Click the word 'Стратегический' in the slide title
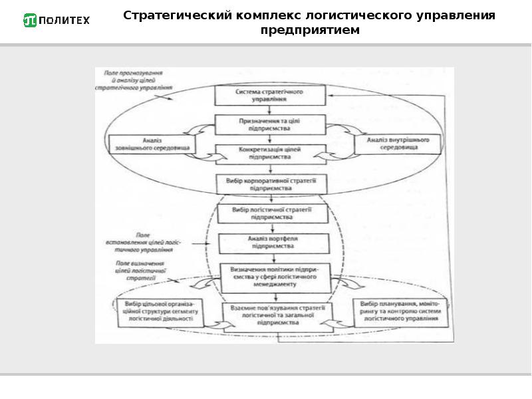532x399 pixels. tap(176, 15)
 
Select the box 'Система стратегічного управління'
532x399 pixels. tap(270, 94)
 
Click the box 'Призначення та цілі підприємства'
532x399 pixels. tap(270, 124)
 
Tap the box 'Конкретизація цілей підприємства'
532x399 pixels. tap(270, 154)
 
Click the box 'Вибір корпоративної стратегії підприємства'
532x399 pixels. tap(270, 184)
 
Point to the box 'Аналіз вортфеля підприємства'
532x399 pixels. tap(273, 242)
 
